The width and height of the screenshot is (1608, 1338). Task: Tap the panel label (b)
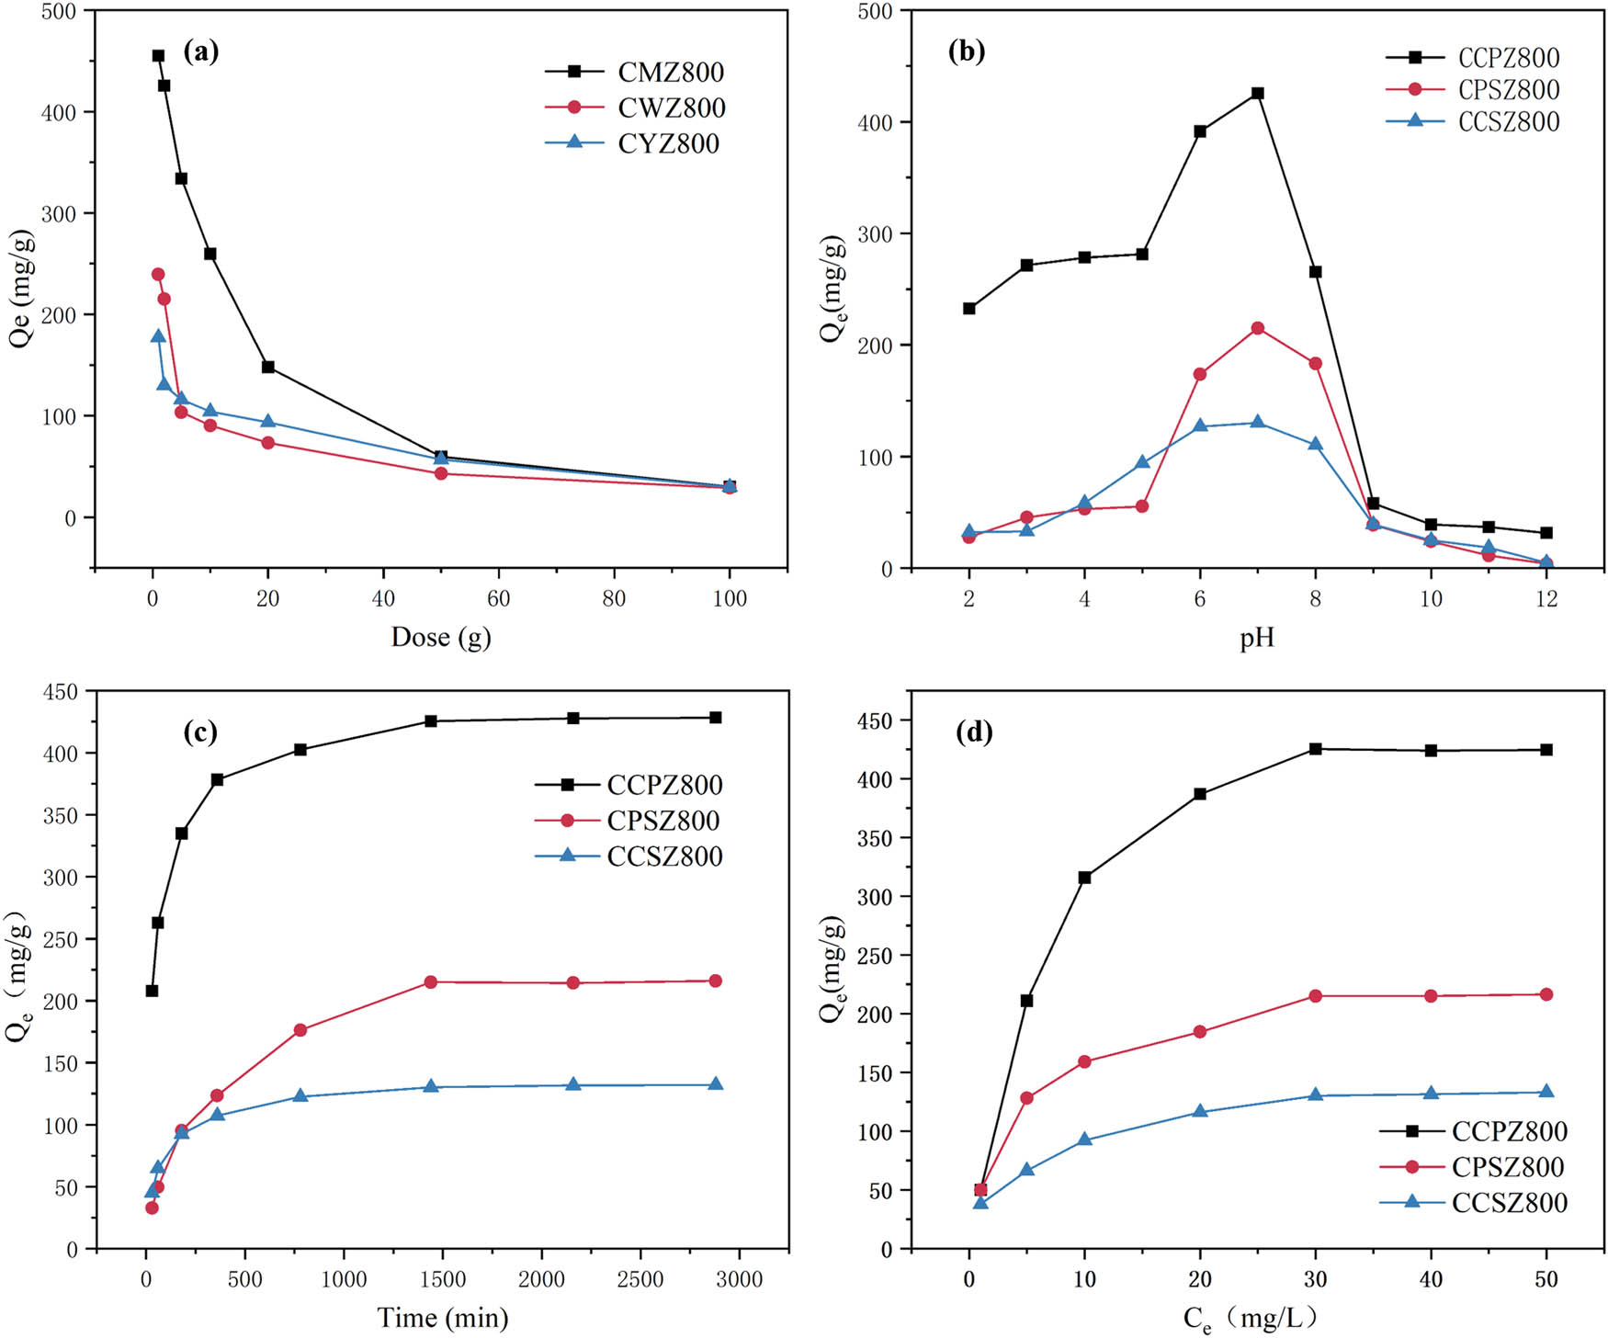click(966, 51)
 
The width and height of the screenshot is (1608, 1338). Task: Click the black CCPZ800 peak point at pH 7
click(1258, 94)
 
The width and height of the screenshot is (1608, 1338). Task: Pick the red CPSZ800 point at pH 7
click(1258, 328)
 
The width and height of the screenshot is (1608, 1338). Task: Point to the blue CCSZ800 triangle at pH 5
click(1142, 462)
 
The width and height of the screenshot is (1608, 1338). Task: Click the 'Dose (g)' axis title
click(441, 637)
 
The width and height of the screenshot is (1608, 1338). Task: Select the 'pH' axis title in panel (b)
click(1257, 638)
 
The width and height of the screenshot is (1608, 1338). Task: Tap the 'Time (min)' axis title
click(443, 1318)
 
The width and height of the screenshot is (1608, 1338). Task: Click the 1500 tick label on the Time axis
click(443, 1279)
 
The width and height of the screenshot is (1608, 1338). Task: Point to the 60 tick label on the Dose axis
click(498, 598)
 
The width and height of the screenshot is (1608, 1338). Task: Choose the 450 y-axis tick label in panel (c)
click(61, 691)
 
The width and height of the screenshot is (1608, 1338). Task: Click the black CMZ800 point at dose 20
click(268, 367)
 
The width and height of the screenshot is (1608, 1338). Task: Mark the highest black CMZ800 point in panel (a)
click(158, 56)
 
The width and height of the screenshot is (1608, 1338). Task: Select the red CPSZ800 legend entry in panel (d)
click(1508, 1167)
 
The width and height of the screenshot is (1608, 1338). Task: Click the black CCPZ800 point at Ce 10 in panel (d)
click(1084, 878)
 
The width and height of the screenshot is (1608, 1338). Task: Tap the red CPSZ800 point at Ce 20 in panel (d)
click(1200, 1032)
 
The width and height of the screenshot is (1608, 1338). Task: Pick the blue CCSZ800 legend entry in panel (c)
click(664, 856)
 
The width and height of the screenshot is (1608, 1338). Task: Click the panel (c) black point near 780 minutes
click(300, 750)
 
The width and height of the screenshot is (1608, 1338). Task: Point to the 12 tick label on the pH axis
click(1546, 599)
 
